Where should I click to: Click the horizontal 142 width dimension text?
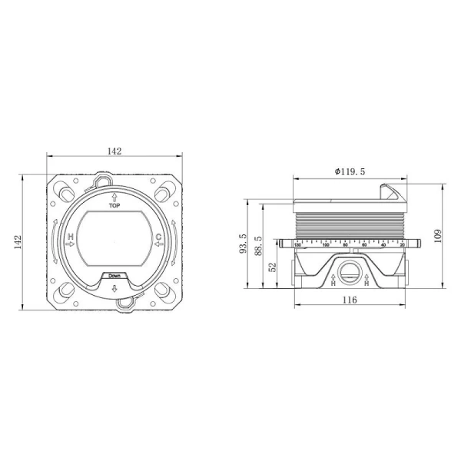click(114, 151)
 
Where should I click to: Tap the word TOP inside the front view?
click(115, 207)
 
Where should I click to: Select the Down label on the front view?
click(114, 275)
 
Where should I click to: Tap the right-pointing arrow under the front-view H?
click(71, 244)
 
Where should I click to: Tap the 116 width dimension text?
click(350, 300)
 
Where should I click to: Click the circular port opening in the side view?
click(350, 270)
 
